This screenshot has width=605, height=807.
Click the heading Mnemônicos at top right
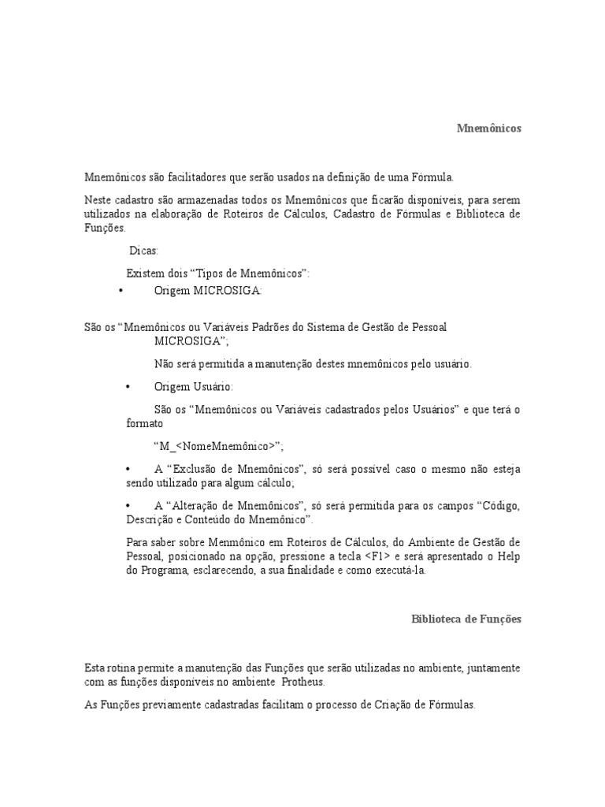pyautogui.click(x=488, y=128)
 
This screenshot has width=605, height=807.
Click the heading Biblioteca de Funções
pyautogui.click(x=466, y=619)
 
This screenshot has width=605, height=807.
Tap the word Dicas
pyautogui.click(x=143, y=251)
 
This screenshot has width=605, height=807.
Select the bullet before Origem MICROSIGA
pyautogui.click(x=120, y=291)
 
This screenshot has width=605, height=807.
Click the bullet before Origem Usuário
pyautogui.click(x=128, y=387)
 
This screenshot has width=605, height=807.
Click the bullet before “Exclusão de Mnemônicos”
pyautogui.click(x=128, y=469)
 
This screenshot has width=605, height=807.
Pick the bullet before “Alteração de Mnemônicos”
pyautogui.click(x=128, y=504)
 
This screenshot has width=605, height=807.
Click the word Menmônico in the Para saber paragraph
pyautogui.click(x=223, y=543)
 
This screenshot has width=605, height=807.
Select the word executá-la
pyautogui.click(x=399, y=571)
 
